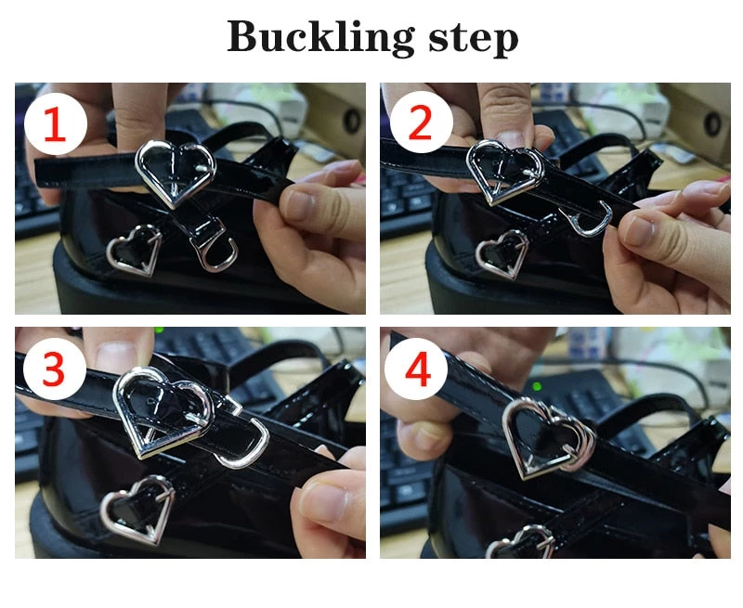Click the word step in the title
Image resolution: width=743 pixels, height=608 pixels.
click(x=473, y=39)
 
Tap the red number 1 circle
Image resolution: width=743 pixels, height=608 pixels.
click(x=56, y=124)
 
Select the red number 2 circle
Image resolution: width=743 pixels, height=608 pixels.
click(x=421, y=122)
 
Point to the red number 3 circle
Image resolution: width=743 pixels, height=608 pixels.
click(x=55, y=369)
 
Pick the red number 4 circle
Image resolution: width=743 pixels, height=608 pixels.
click(x=416, y=369)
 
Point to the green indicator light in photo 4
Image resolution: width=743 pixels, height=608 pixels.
click(x=537, y=386)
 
